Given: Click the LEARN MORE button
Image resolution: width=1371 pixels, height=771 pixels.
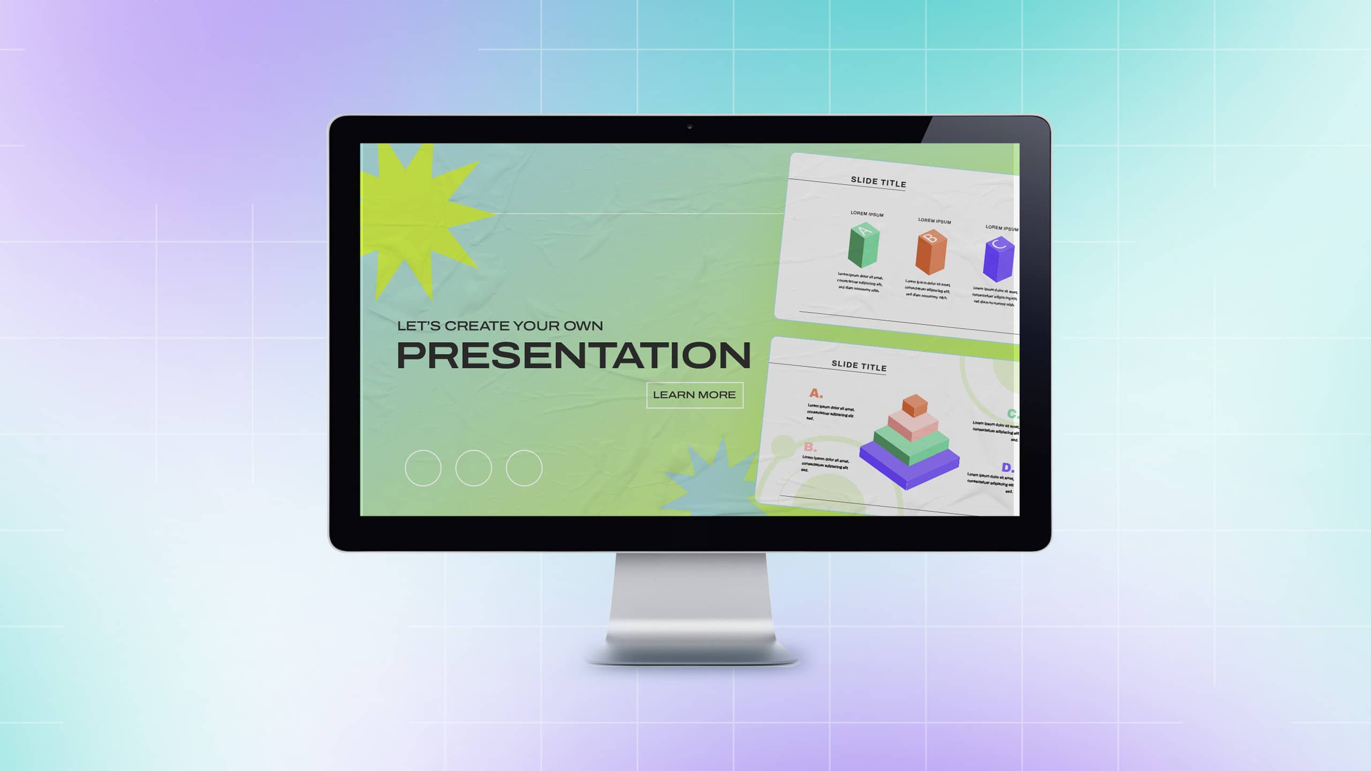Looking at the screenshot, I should (x=695, y=395).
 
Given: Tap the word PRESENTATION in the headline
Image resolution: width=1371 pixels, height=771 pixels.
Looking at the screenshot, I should (x=573, y=356).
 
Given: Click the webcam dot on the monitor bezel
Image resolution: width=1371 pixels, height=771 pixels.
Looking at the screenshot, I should (x=690, y=127).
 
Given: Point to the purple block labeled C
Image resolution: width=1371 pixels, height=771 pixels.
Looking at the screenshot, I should (x=998, y=260).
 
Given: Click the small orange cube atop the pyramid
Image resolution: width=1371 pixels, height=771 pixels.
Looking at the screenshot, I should (x=915, y=405).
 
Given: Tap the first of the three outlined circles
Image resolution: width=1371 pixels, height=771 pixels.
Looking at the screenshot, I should (x=423, y=468).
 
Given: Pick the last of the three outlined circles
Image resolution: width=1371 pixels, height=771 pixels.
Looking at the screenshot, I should (x=524, y=468).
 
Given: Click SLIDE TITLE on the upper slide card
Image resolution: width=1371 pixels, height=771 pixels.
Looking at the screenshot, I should (x=878, y=182).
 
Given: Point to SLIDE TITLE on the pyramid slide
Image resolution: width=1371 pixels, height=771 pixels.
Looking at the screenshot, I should (x=859, y=366).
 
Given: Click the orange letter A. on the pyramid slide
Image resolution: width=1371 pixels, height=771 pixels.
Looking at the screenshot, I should (x=816, y=394).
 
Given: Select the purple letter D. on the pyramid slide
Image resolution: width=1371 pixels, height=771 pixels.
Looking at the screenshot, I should (x=1007, y=467).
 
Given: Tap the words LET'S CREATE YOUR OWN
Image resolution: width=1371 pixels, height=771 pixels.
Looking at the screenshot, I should (x=500, y=326).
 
